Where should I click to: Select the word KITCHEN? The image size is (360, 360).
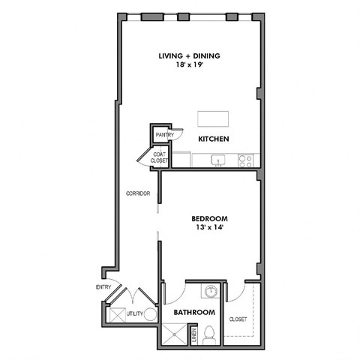213,139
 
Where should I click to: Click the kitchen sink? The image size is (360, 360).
219,159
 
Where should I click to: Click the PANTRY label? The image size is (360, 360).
164,135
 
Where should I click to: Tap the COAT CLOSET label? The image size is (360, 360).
160,157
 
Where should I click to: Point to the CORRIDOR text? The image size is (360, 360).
139,193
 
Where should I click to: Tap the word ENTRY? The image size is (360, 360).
103,287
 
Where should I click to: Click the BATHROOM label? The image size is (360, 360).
195,312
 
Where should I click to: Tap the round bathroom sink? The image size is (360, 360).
212,292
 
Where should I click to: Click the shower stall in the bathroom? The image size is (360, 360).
174,336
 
